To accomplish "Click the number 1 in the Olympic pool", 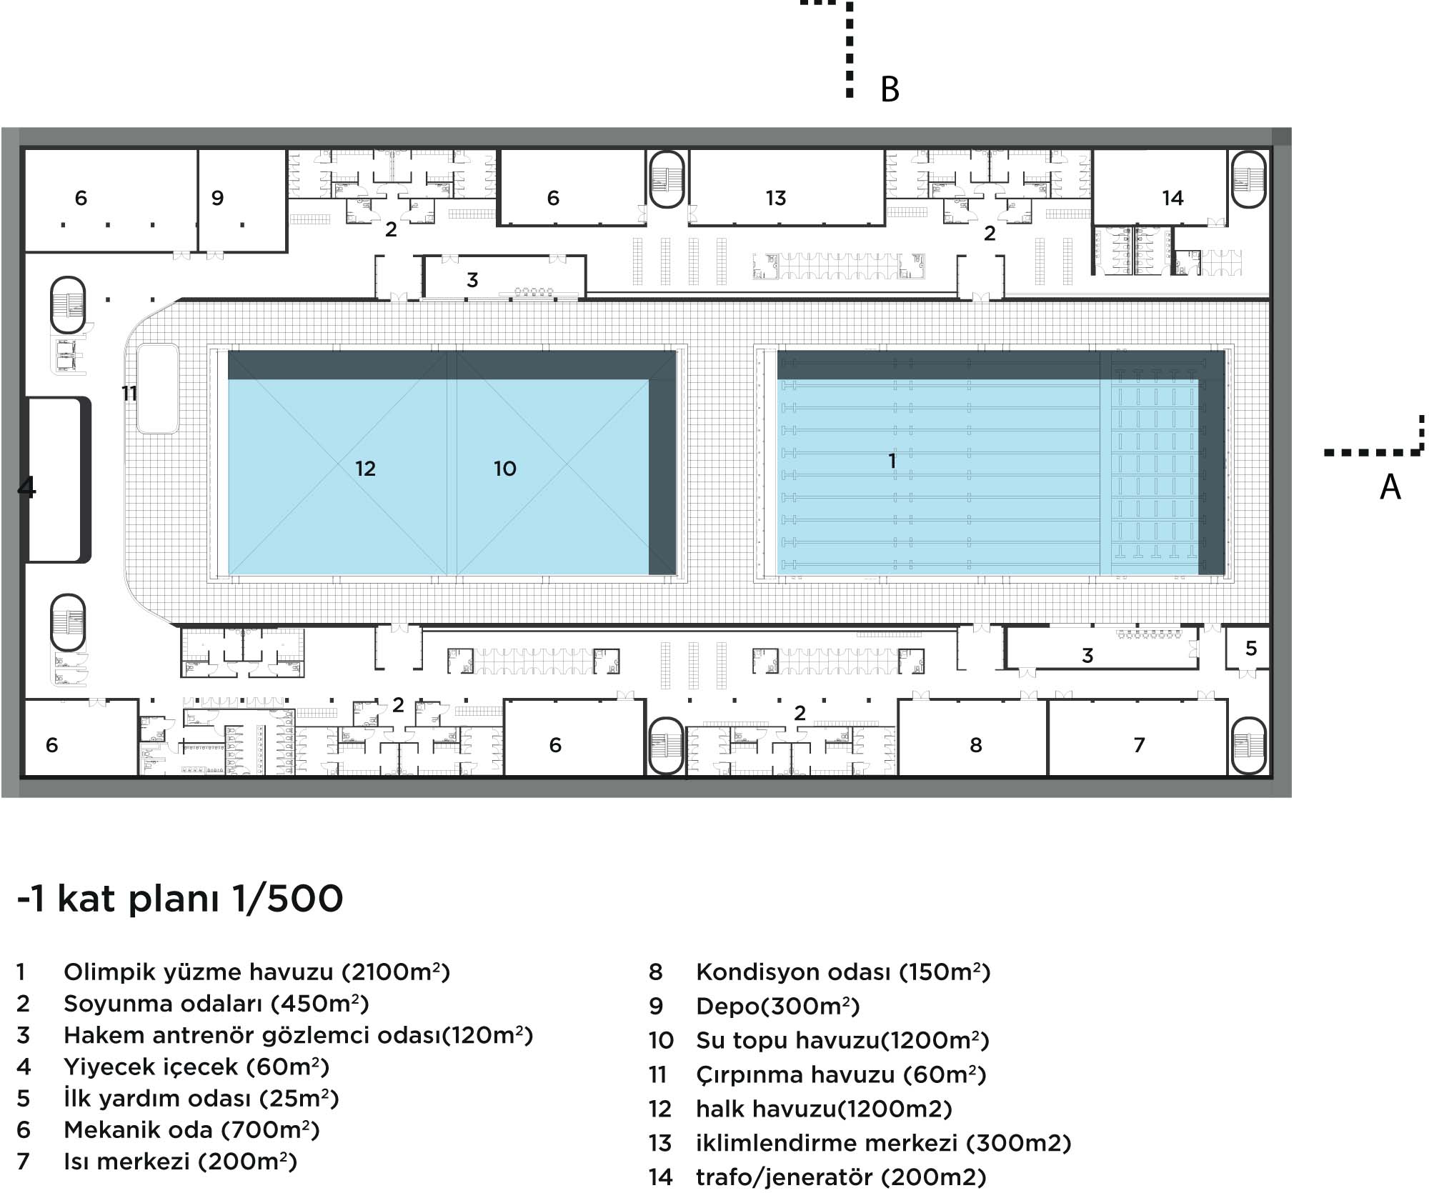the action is (892, 461).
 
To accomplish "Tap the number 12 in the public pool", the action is (365, 469).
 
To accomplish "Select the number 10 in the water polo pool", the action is (504, 469).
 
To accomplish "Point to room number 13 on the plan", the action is (775, 198).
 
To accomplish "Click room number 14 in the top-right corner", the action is (1172, 198).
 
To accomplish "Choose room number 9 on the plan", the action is (218, 198).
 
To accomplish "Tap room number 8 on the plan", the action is (976, 745).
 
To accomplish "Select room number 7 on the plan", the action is (1139, 745).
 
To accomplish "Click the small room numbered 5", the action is (1250, 648).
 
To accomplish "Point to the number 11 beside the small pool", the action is (129, 393).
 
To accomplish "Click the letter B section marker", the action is (890, 89).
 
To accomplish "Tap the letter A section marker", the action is (1390, 486).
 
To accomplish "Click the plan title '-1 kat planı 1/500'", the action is (180, 899).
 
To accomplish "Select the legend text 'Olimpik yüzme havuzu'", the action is (199, 972).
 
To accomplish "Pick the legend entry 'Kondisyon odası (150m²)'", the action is (843, 972).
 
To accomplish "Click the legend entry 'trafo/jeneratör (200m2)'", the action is (841, 1177).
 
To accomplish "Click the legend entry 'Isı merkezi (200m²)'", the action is (181, 1162).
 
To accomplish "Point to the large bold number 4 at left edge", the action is (26, 486).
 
